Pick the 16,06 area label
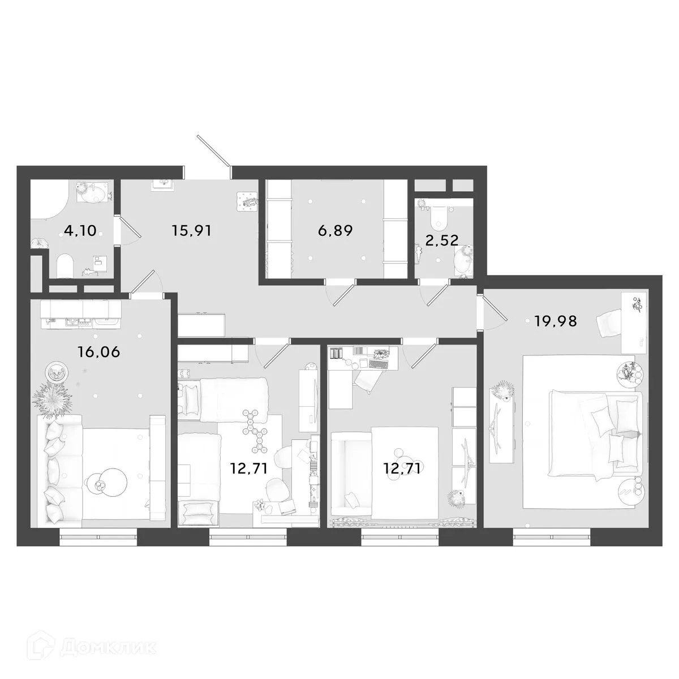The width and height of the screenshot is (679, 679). (99, 352)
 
